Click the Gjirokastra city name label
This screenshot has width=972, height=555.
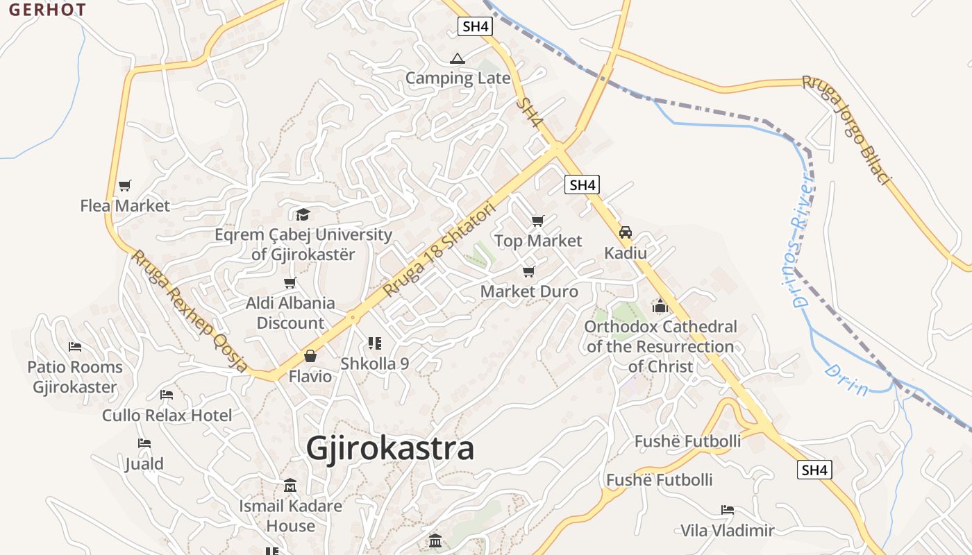390,448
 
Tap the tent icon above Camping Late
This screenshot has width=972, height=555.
457,58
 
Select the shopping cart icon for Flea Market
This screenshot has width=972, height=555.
125,185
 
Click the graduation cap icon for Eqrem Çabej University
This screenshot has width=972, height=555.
303,214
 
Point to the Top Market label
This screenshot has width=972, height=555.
538,241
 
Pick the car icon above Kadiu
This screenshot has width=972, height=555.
626,232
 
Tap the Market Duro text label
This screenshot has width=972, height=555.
529,291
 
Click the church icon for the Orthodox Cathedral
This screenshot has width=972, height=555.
660,306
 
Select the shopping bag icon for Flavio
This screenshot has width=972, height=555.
310,357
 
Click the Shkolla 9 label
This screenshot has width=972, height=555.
374,364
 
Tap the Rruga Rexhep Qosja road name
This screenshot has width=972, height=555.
190,311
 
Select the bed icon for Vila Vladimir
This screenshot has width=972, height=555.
728,510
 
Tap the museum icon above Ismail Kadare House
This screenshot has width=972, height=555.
290,486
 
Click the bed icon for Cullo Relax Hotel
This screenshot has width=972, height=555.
167,395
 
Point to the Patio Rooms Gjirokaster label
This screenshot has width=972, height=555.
75,377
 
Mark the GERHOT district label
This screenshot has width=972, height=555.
47,10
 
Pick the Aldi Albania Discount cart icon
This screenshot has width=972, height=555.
290,282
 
